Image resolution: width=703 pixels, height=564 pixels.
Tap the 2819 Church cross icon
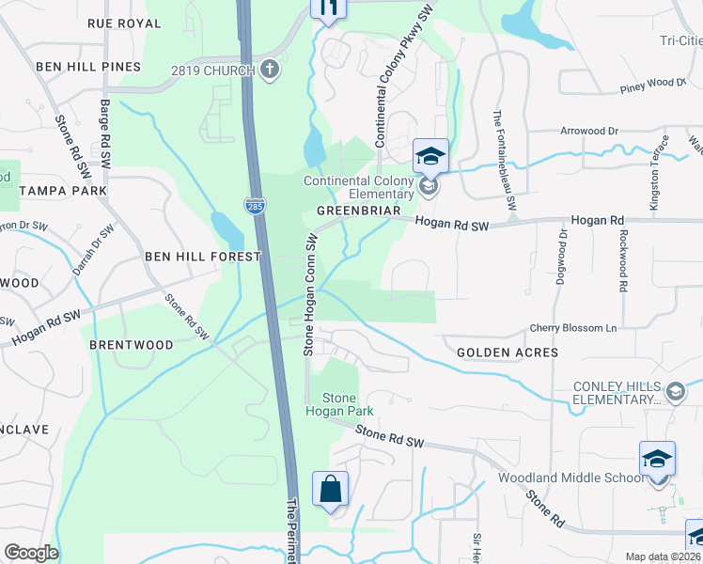pos(270,70)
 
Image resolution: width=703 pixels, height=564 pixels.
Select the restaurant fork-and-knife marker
pos(328,8)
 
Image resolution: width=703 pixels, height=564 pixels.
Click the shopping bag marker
pos(330,491)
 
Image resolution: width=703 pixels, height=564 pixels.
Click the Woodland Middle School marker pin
pos(657,461)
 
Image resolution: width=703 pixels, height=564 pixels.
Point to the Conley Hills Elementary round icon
pos(674,391)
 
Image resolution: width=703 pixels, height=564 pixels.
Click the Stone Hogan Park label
pos(339,404)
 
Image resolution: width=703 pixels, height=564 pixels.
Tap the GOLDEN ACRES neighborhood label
pos(507,352)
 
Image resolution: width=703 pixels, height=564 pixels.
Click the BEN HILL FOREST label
pos(201,256)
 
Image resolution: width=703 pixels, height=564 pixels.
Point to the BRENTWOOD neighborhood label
pos(132,345)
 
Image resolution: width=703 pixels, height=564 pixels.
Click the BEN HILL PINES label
pos(88,67)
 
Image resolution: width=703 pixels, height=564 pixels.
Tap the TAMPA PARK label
pos(64,191)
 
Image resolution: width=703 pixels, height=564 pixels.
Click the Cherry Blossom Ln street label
pos(572,328)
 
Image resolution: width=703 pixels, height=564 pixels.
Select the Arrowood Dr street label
pos(601,132)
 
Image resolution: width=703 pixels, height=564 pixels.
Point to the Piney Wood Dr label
pos(653,85)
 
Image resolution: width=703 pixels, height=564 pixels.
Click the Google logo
pos(31,553)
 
